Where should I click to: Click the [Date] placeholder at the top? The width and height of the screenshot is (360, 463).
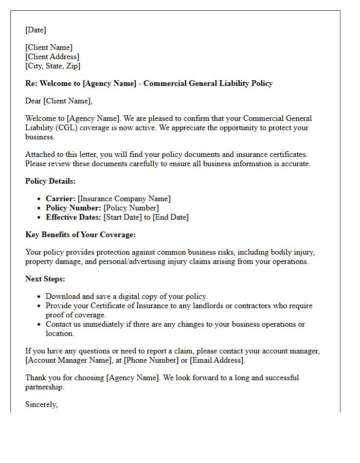35,30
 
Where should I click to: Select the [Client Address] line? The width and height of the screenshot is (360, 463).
52,57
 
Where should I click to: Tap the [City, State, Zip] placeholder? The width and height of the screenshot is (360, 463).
52,66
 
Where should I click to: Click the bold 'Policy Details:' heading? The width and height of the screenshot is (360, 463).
50,181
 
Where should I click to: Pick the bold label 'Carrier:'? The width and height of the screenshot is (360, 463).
61,199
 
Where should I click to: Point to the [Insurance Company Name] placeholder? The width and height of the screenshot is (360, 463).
124,199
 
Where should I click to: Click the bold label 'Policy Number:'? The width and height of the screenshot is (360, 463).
74,208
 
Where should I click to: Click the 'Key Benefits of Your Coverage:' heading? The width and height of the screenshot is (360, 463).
80,235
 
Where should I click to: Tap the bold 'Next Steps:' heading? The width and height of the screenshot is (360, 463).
45,279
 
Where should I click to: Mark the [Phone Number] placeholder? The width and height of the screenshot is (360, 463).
150,360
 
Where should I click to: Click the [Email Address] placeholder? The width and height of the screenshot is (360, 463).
217,360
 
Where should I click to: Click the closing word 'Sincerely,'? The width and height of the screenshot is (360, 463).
41,404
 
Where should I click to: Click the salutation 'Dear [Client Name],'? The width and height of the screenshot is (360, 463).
59,101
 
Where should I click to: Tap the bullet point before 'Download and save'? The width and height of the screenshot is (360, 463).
40,297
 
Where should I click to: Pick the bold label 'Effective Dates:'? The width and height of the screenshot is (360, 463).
74,217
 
